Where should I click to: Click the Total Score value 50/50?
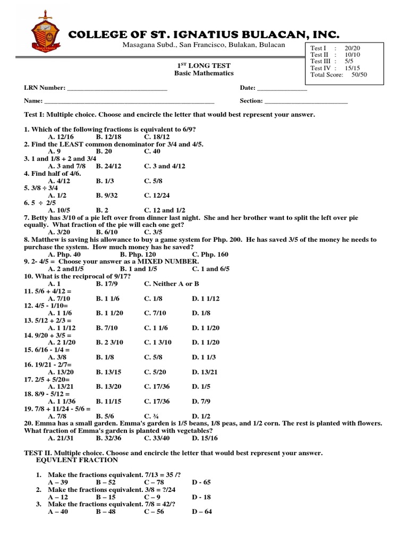point(359,75)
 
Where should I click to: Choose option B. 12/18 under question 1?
point(108,137)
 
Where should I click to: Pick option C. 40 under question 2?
point(152,151)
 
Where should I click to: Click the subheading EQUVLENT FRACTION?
point(73,460)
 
